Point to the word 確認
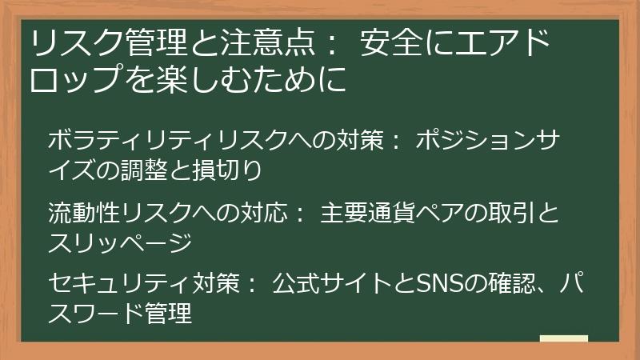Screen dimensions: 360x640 511,283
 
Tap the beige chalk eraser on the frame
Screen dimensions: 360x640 563,340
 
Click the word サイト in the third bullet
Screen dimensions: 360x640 358,283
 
